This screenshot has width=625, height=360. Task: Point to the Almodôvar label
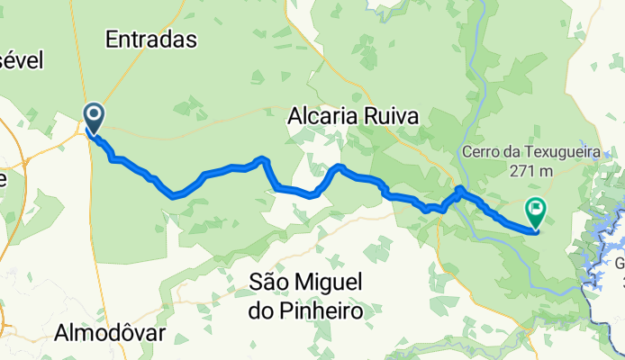click(x=112, y=331)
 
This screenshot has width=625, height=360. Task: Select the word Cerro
click(x=484, y=150)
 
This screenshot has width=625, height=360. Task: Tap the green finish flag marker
click(x=535, y=213)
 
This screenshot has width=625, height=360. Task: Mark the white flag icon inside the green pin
click(x=535, y=211)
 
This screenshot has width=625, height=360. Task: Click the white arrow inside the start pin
click(x=94, y=114)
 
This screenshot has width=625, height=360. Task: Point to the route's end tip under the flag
click(x=534, y=230)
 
